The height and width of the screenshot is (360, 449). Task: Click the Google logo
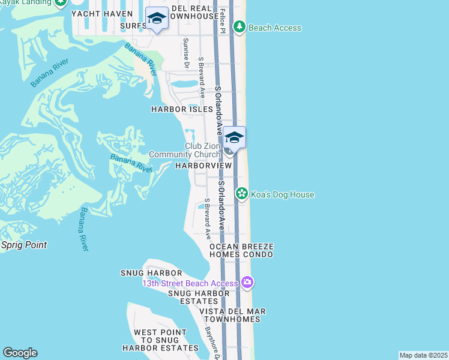[x=20, y=353]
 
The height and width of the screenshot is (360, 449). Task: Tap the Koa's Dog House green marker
[x=241, y=194]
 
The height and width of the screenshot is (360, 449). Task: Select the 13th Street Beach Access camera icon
[x=247, y=282]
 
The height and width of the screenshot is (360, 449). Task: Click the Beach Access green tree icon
[x=240, y=27]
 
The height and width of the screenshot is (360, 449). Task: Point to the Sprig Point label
[x=23, y=245]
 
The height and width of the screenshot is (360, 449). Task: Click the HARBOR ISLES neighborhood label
[x=182, y=109]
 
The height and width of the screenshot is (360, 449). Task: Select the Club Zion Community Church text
[x=184, y=151]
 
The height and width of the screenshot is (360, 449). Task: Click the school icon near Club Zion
[x=234, y=139]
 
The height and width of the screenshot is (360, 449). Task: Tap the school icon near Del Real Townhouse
[x=157, y=19]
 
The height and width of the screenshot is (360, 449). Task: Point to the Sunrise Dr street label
[x=186, y=52]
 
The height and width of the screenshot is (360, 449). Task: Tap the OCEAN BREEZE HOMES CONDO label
[x=241, y=251]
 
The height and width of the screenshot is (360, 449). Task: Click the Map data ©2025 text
[x=423, y=355]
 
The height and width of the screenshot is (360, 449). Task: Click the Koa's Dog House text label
[x=283, y=194]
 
